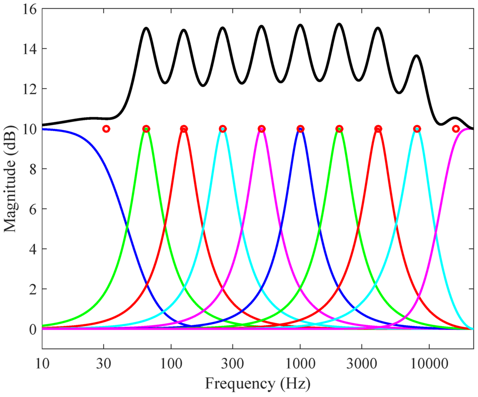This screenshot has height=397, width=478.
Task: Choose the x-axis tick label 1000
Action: [300, 363]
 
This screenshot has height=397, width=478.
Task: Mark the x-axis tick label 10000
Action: [429, 363]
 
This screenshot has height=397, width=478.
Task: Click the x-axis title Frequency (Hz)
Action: [258, 383]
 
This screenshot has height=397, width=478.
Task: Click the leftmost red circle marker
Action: [106, 129]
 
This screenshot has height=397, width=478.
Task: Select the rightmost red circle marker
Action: [456, 129]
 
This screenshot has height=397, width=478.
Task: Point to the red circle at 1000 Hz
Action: [300, 129]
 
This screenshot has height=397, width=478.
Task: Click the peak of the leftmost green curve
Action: [146, 128]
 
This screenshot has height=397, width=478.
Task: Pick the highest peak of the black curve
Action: [339, 24]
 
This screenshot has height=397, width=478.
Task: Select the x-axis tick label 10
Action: [42, 363]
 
